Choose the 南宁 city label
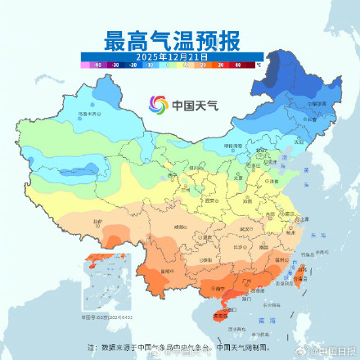[x=215, y=286]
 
